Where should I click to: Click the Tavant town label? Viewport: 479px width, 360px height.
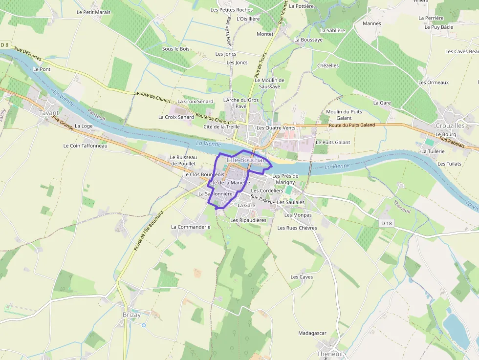click(49, 113)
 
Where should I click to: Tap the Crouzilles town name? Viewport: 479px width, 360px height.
click(450, 126)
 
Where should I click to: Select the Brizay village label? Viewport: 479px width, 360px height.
click(131, 315)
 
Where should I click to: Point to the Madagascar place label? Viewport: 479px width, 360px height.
click(312, 333)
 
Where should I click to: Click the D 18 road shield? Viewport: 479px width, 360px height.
click(386, 223)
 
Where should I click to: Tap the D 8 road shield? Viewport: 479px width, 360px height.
click(5, 45)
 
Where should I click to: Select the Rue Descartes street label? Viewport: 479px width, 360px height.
click(28, 54)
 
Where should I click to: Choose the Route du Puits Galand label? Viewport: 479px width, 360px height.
click(352, 125)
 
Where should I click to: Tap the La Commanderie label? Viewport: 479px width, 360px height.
click(191, 227)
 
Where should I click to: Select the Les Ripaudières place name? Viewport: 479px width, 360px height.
click(248, 220)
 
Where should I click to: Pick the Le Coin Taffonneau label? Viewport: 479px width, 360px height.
click(85, 146)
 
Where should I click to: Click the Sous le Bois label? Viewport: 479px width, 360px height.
click(175, 49)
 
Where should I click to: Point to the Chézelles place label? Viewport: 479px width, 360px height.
click(328, 65)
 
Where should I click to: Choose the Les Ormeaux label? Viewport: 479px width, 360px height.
click(434, 83)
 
